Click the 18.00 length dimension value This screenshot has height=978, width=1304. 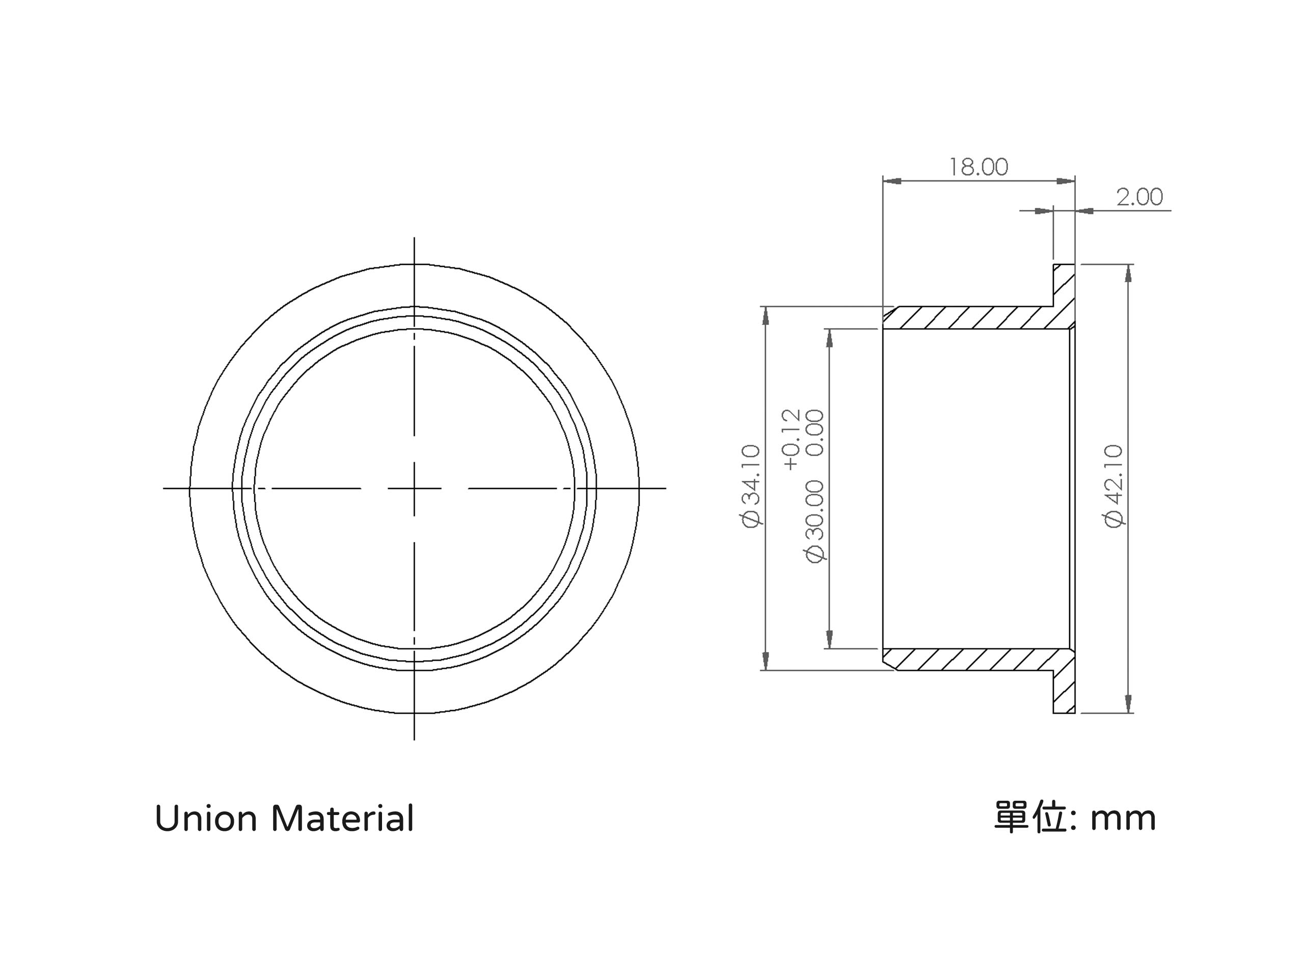coord(978,168)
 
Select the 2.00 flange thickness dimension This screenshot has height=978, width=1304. coord(1139,197)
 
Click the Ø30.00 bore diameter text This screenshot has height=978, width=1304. coord(814,521)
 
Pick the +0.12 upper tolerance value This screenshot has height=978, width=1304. coord(791,440)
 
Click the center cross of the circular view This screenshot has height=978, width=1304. coord(415,488)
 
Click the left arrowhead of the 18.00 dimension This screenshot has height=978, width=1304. coord(892,181)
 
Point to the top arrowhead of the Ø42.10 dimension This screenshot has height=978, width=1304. coord(1128,274)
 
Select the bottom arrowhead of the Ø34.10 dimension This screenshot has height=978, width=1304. coord(766,661)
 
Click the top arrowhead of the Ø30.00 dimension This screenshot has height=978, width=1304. coord(829,338)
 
